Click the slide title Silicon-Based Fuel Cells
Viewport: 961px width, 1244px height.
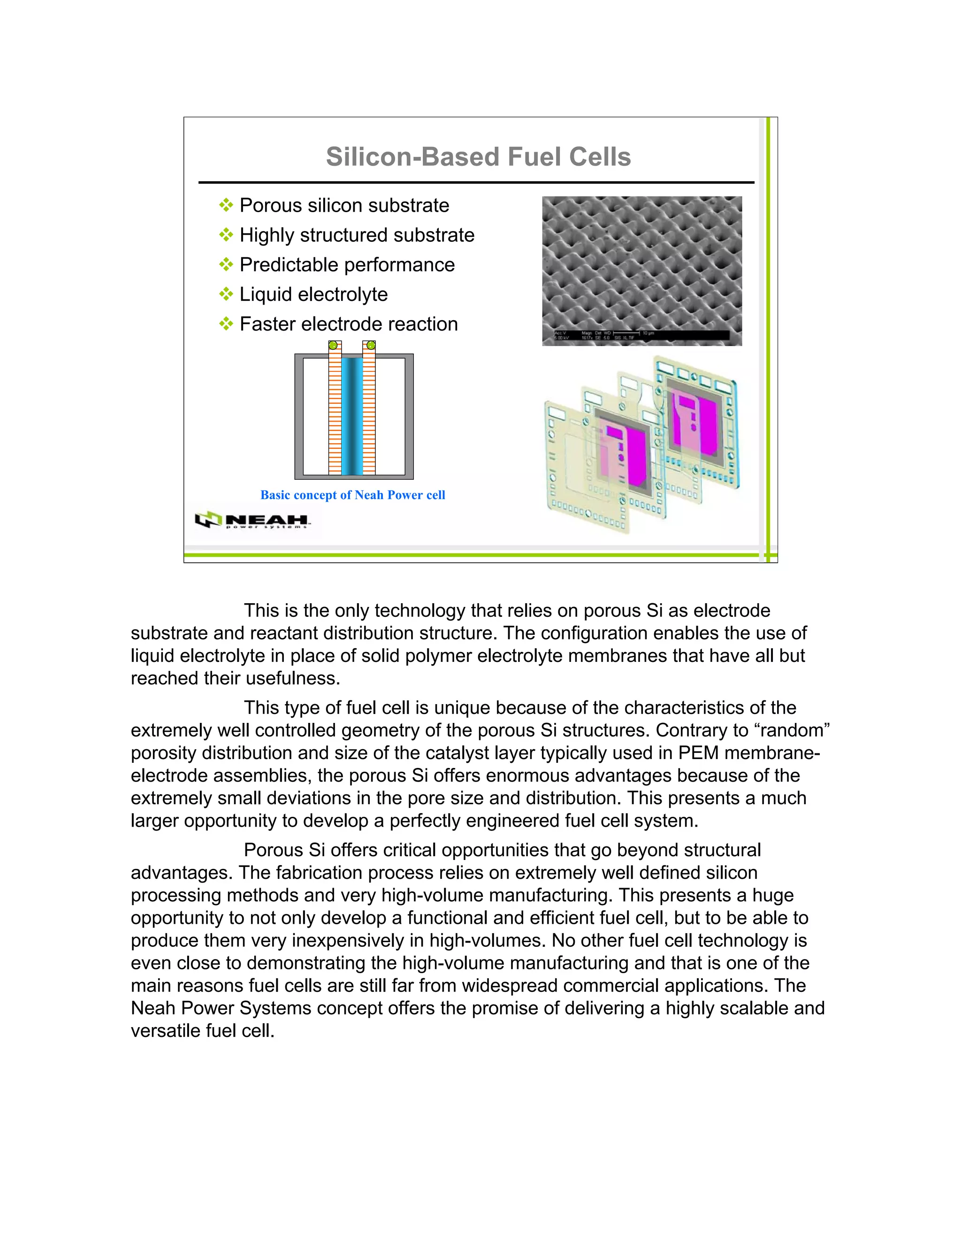478,157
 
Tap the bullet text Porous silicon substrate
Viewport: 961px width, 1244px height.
344,205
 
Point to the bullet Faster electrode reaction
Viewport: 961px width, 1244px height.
349,324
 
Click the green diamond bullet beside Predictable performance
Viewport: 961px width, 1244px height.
226,264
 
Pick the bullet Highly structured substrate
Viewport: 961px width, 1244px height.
357,235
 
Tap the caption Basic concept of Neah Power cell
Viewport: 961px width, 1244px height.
352,495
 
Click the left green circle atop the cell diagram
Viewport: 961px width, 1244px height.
334,345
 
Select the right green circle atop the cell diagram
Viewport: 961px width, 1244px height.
371,345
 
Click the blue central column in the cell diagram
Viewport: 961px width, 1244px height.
352,416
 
